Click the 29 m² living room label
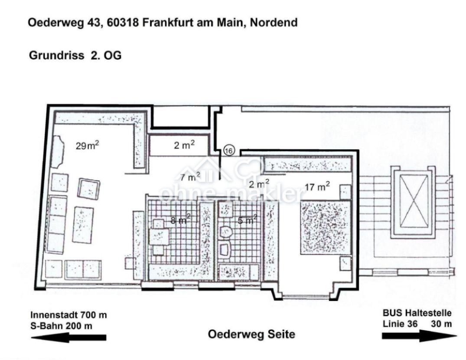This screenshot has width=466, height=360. (x=87, y=145)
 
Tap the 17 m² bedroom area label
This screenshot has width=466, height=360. (x=317, y=187)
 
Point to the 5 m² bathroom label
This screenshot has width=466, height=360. (x=248, y=219)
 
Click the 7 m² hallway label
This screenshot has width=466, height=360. (x=190, y=177)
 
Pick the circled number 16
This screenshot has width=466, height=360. (x=229, y=151)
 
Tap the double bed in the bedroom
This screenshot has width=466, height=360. (x=326, y=227)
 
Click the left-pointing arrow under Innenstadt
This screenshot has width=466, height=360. (x=68, y=337)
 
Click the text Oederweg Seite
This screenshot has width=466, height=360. (x=251, y=334)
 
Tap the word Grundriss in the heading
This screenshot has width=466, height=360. (x=56, y=56)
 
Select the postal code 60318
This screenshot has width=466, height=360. (x=123, y=23)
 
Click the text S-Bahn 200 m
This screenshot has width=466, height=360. (x=61, y=326)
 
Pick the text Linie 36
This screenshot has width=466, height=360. (x=400, y=324)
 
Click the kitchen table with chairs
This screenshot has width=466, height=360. (x=159, y=237)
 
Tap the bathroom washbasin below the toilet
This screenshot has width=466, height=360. (x=225, y=249)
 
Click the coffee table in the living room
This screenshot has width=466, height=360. (x=83, y=225)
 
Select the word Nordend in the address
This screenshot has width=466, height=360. (x=274, y=23)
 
